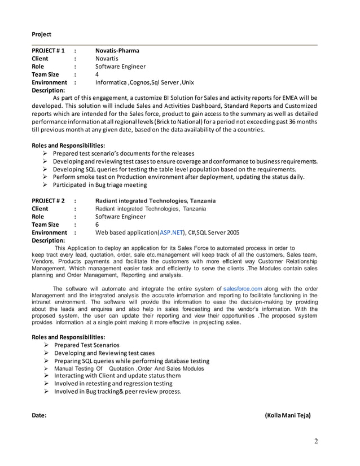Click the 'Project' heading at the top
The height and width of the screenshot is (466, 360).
point(41,34)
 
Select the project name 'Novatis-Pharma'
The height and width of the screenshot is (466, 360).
point(117,50)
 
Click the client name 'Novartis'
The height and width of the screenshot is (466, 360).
point(107,58)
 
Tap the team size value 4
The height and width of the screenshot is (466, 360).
point(97,74)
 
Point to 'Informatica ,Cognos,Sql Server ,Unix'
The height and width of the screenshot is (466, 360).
point(144,82)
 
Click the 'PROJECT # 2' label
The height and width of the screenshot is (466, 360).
point(48,200)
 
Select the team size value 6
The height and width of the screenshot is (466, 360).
point(97,224)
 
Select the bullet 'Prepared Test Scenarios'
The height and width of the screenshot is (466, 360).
point(86,345)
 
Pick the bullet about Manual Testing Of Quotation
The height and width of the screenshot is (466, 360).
point(129,368)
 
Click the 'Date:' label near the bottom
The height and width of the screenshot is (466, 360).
point(39,415)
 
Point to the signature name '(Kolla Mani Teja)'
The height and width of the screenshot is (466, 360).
point(287,415)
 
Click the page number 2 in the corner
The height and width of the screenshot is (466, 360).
point(316,441)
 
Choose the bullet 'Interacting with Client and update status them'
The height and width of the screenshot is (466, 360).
point(117,376)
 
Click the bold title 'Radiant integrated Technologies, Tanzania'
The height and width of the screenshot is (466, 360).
point(155,200)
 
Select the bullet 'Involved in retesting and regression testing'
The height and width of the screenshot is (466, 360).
point(113,384)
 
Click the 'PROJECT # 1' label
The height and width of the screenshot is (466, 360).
point(48,50)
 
